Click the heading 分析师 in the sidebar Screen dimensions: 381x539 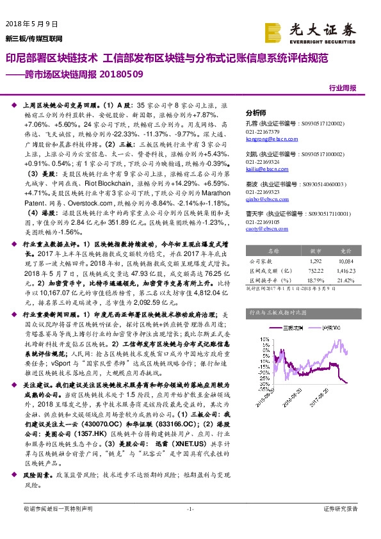point(255,110)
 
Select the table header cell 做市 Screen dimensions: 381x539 point(316,252)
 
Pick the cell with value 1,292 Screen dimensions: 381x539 point(315,261)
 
